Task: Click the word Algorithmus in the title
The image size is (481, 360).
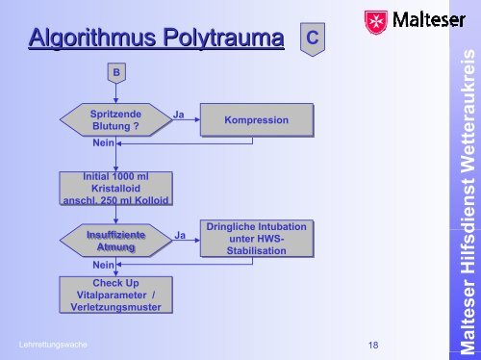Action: (x=93, y=39)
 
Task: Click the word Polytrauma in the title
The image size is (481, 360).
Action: (x=223, y=39)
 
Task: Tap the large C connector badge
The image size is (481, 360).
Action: (x=313, y=39)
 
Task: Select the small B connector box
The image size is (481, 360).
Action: (x=116, y=73)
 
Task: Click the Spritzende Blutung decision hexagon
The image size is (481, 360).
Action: (x=115, y=119)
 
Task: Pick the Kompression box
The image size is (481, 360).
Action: (x=257, y=120)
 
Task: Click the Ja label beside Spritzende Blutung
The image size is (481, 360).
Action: (x=179, y=115)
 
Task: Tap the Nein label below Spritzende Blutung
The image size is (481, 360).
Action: (x=103, y=142)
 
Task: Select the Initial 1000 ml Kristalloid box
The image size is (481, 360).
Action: (x=115, y=189)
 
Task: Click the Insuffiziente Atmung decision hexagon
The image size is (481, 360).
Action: (x=115, y=241)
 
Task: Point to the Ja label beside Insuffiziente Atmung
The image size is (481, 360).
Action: (x=180, y=235)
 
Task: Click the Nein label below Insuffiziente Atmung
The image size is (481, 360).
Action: (x=103, y=265)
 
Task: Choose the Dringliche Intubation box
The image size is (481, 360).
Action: (x=257, y=239)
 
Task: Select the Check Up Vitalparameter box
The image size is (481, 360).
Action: (x=115, y=295)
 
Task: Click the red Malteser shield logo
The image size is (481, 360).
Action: (x=375, y=21)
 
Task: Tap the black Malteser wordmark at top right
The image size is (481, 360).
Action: (x=429, y=20)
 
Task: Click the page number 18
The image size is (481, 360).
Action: (x=373, y=345)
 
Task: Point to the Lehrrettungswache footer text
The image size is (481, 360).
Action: (x=53, y=345)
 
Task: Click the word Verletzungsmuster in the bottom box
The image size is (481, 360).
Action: (x=115, y=307)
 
